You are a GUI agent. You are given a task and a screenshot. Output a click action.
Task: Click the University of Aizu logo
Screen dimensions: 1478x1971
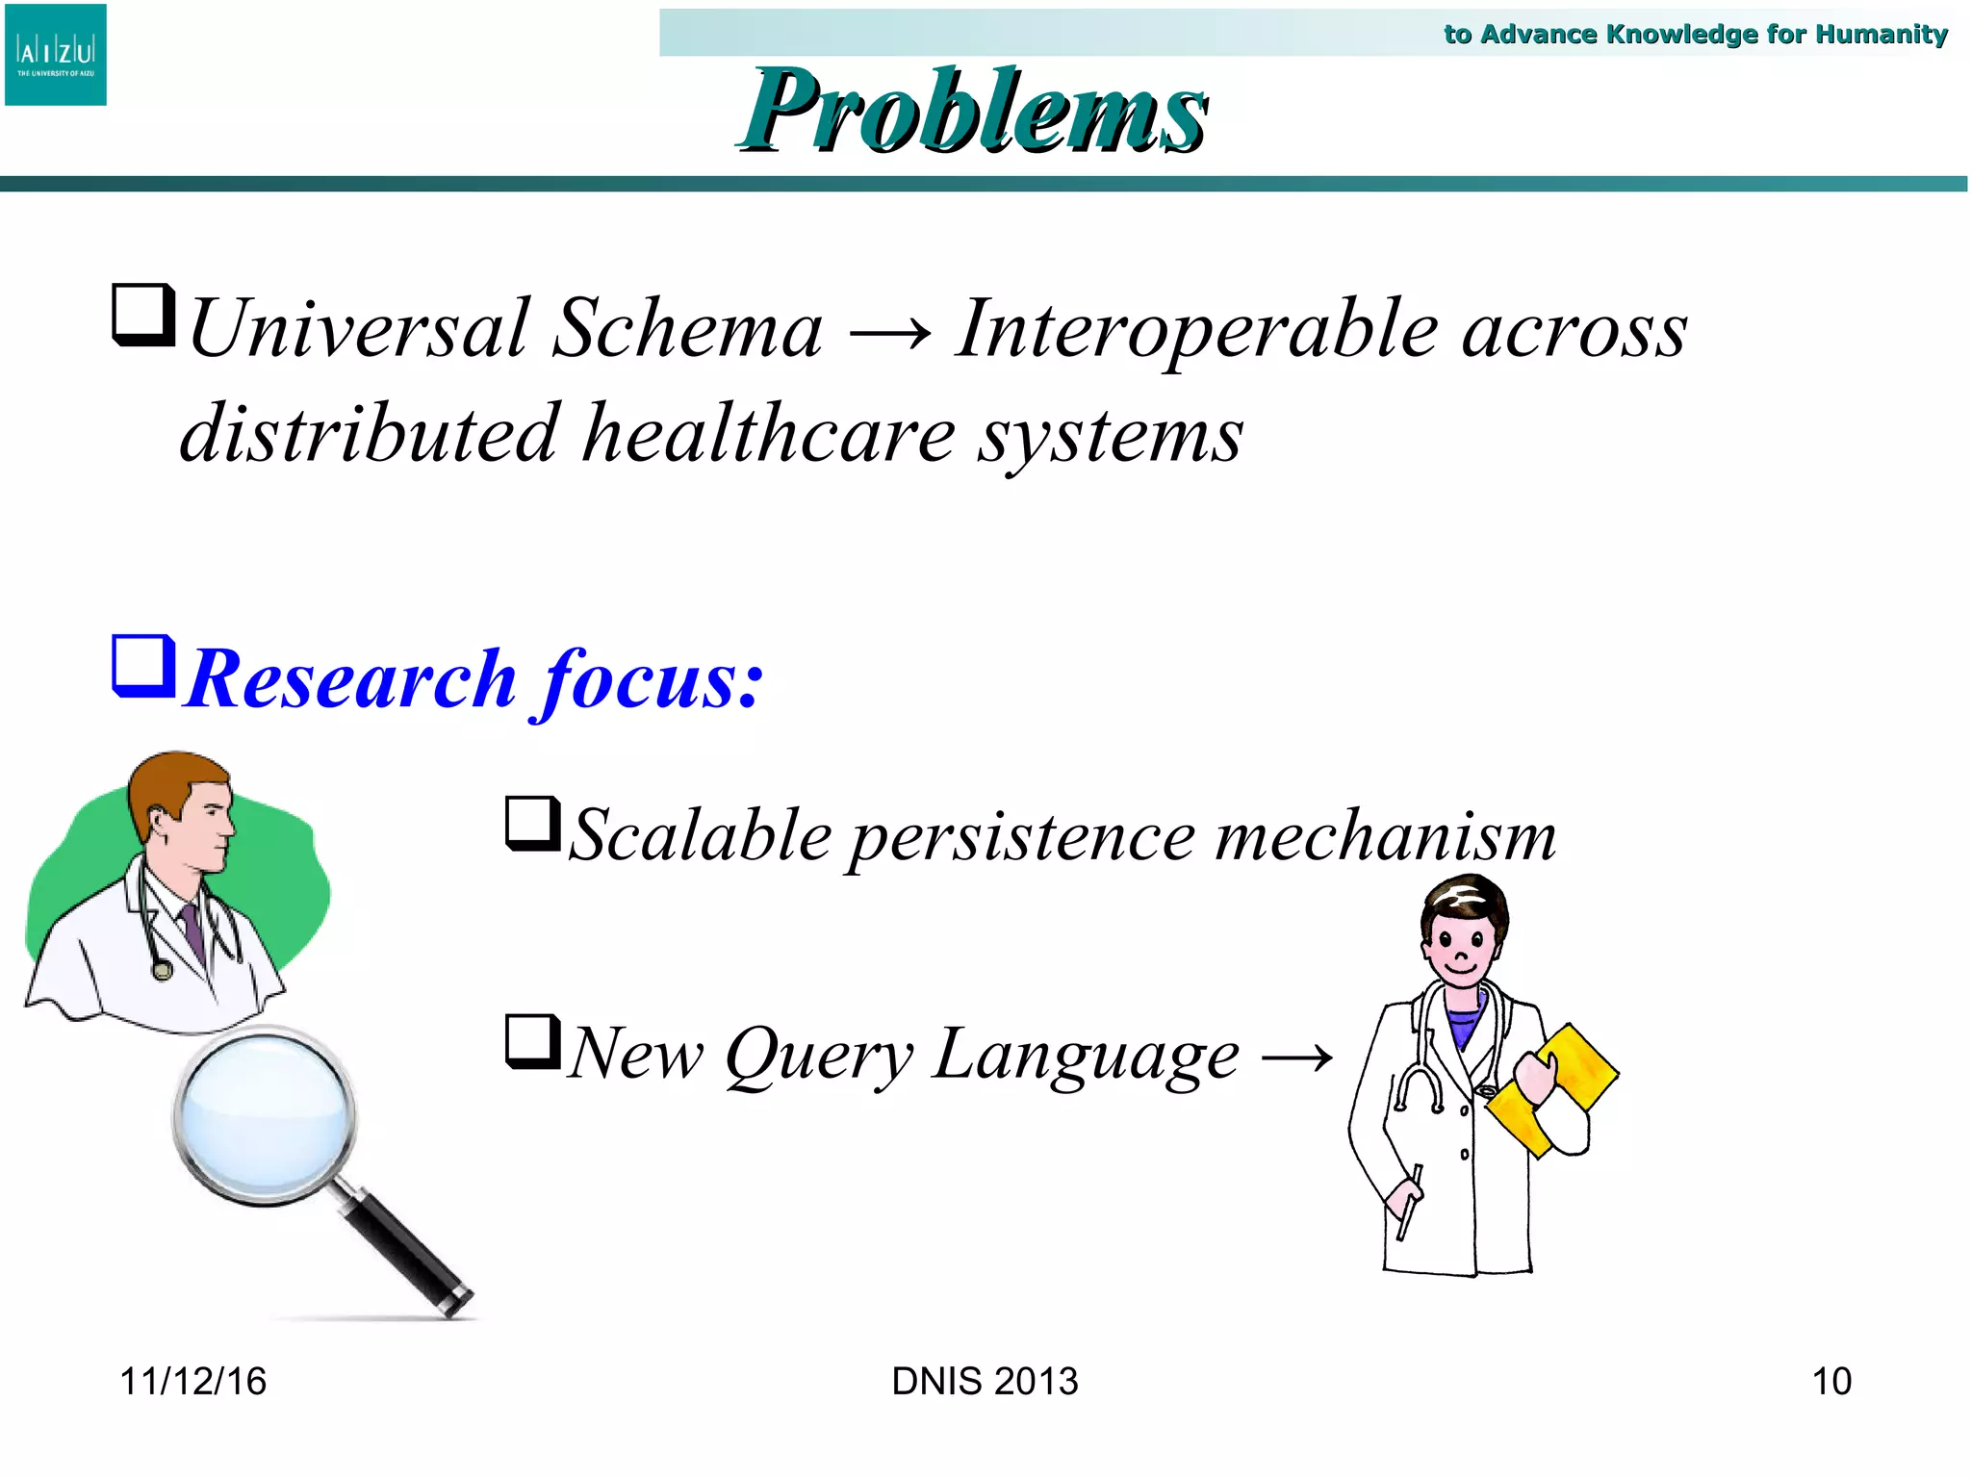[x=56, y=55]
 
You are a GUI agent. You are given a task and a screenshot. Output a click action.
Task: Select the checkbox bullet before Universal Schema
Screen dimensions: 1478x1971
[x=143, y=314]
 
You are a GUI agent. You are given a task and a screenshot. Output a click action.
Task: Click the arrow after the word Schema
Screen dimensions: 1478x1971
[x=889, y=333]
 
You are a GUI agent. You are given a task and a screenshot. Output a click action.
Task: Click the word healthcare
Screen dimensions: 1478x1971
[x=769, y=435]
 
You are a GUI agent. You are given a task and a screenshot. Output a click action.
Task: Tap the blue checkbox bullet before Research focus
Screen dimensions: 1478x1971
[x=143, y=665]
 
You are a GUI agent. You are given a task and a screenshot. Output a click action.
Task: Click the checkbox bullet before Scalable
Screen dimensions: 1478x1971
[x=533, y=824]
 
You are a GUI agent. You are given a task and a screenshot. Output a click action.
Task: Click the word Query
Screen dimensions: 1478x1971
[x=818, y=1056]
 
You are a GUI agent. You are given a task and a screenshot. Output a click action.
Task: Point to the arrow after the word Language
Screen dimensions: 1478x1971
[x=1296, y=1058]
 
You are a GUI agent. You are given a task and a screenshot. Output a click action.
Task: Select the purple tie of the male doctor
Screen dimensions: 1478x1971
[x=192, y=930]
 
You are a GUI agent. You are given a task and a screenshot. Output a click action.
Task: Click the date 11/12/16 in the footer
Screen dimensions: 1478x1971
[x=192, y=1382]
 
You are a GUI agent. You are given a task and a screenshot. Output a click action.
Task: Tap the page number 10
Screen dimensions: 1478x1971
[x=1830, y=1382]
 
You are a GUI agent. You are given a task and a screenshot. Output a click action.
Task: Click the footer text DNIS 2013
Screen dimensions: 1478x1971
[x=985, y=1382]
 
